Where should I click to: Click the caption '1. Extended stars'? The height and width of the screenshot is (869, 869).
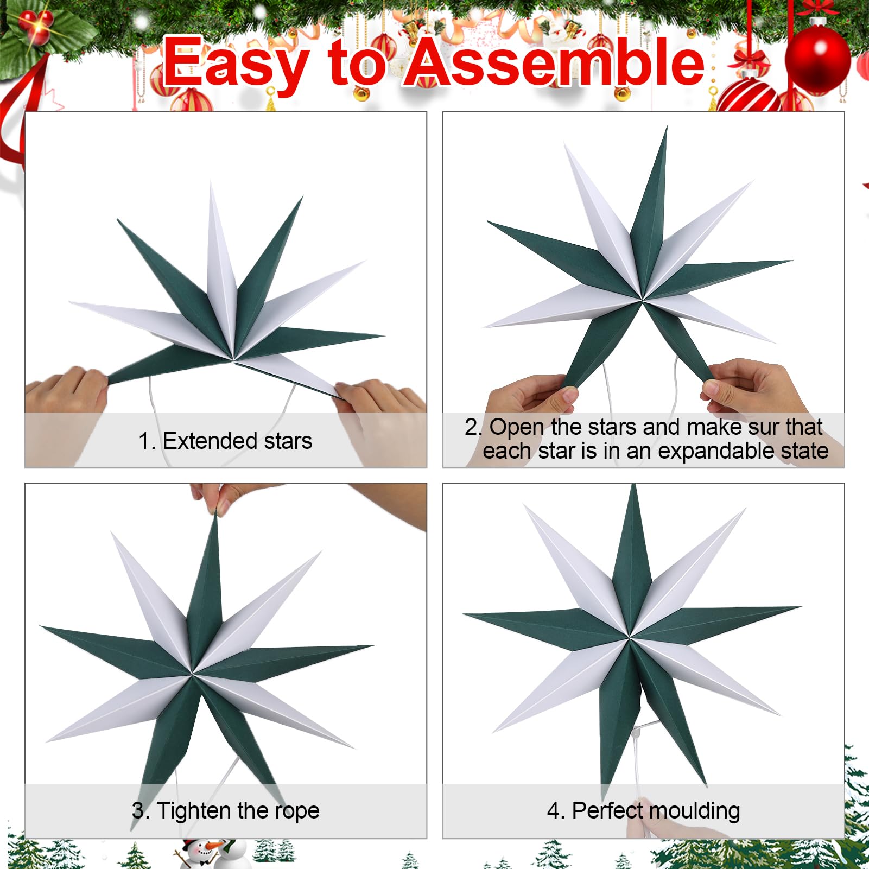click(225, 441)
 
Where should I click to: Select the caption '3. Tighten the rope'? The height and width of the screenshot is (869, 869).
click(225, 810)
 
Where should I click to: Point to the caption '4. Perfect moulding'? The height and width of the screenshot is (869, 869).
click(643, 810)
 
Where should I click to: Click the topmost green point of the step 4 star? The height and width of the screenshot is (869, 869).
click(633, 486)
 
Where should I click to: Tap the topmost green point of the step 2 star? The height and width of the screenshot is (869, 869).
click(667, 128)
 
